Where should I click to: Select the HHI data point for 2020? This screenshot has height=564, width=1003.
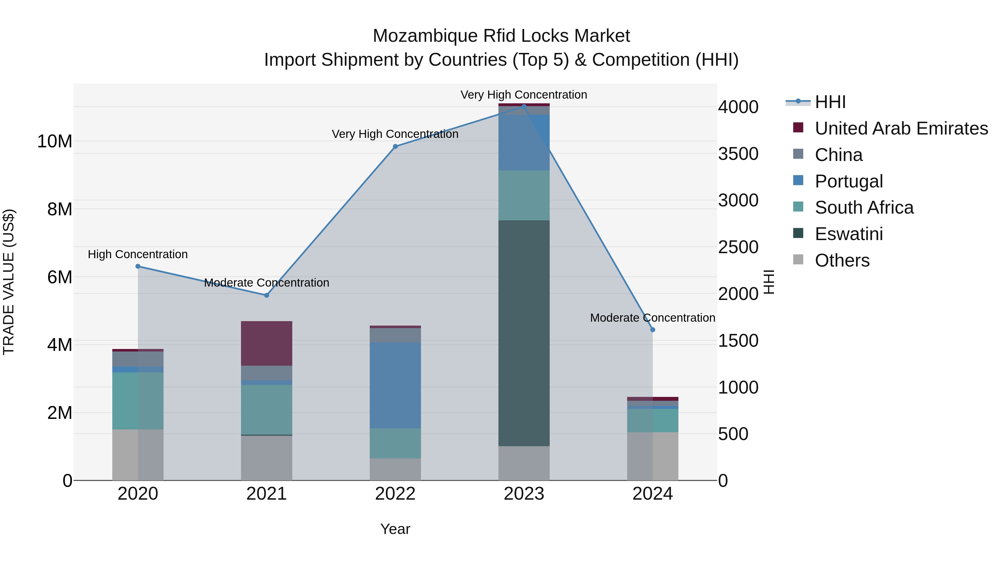pyautogui.click(x=138, y=266)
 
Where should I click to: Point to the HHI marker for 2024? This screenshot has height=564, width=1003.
pyautogui.click(x=653, y=330)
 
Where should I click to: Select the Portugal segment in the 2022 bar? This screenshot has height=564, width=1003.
pyautogui.click(x=395, y=385)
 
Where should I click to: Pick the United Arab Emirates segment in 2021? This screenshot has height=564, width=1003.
pyautogui.click(x=266, y=343)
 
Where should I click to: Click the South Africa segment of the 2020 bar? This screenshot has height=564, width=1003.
pyautogui.click(x=138, y=401)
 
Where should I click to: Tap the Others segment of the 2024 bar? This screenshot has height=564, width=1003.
pyautogui.click(x=653, y=456)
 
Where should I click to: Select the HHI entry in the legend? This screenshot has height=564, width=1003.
pyautogui.click(x=830, y=102)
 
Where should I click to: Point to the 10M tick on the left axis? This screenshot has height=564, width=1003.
pyautogui.click(x=55, y=141)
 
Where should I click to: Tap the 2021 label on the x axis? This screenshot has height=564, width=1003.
pyautogui.click(x=266, y=494)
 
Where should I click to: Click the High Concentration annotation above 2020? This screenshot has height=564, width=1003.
pyautogui.click(x=138, y=254)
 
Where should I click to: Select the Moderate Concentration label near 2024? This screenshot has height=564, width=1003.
pyautogui.click(x=653, y=318)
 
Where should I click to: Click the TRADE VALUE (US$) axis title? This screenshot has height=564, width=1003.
pyautogui.click(x=9, y=282)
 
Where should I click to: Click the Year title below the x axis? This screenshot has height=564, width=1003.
pyautogui.click(x=395, y=529)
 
